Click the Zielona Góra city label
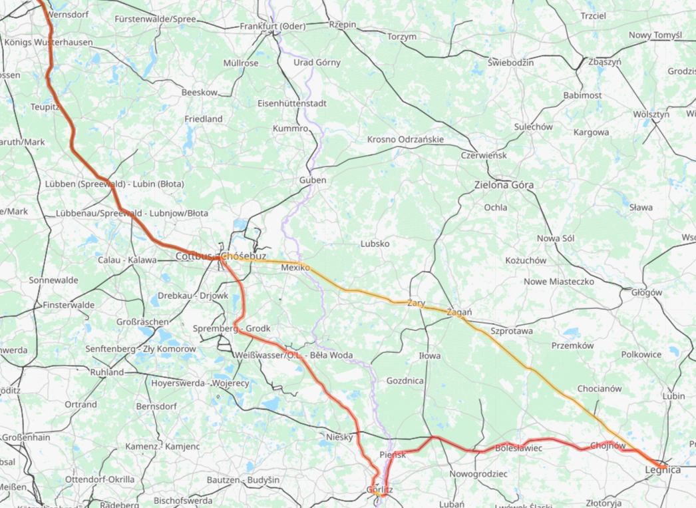pyautogui.click(x=504, y=184)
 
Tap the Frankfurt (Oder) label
pyautogui.click(x=277, y=27)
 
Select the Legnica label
pyautogui.click(x=663, y=470)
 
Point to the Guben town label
pyautogui.click(x=313, y=180)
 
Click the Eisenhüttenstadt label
pyautogui.click(x=292, y=104)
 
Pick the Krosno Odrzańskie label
pyautogui.click(x=405, y=140)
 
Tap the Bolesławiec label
pyautogui.click(x=519, y=448)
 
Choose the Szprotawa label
pyautogui.click(x=511, y=330)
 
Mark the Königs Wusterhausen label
pyautogui.click(x=49, y=42)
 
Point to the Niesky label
pyautogui.click(x=339, y=437)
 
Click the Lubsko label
pyautogui.click(x=375, y=244)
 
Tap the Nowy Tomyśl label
pyautogui.click(x=655, y=35)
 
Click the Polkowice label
pyautogui.click(x=641, y=355)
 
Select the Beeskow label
pyautogui.click(x=199, y=93)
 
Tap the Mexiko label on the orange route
pyautogui.click(x=295, y=267)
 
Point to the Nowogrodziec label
pyautogui.click(x=478, y=474)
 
